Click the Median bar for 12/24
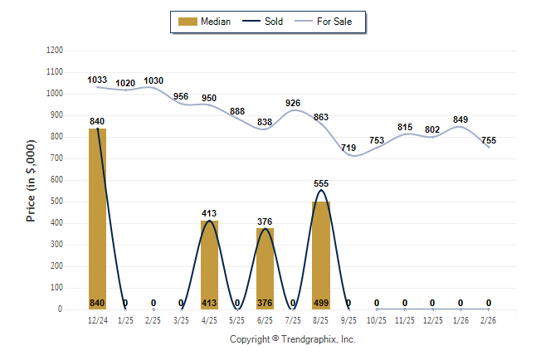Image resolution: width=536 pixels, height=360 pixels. pos(97,219)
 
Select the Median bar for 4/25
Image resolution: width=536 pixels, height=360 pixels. pos(209,265)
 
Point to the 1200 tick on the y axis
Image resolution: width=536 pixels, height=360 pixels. pos(54,51)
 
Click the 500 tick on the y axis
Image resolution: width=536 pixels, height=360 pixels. pos(56,202)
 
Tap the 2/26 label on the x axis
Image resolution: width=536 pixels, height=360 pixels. pos(489,319)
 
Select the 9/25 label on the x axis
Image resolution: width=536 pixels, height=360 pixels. pos(349,319)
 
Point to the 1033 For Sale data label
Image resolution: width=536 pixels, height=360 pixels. pos(98,80)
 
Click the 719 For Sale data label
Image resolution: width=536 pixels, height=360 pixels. pos(349,148)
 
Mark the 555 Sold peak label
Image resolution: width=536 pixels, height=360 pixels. pos(321,183)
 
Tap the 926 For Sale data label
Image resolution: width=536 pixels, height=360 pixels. pos(293,103)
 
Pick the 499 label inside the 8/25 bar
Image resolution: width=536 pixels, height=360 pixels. pos(321,303)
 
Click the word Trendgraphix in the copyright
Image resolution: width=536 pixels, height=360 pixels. pos(306,339)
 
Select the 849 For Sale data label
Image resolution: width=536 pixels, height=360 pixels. pos(460,119)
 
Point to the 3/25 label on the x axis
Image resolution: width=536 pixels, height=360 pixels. pos(181,319)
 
